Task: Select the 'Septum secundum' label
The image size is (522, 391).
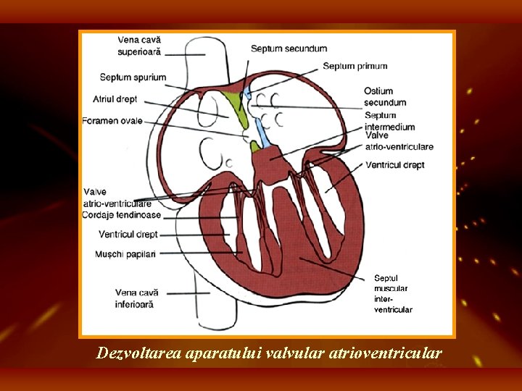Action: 289,49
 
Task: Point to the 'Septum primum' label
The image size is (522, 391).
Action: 355,66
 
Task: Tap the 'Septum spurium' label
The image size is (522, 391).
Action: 133,77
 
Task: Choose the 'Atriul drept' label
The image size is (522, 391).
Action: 115,98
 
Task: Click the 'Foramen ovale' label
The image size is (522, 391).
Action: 112,121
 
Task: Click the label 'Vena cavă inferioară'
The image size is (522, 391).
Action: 136,298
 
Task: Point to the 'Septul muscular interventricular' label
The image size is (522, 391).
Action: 392,293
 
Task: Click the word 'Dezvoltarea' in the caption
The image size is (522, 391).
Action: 139,353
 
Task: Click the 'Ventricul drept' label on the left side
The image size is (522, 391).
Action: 128,235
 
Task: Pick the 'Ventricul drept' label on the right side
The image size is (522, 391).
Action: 395,165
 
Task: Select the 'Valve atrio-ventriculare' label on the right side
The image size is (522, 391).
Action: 399,141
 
